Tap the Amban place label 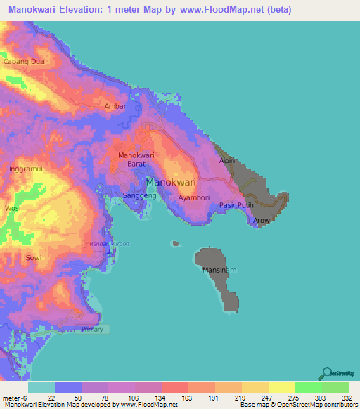[116, 107]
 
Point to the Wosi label [13, 209]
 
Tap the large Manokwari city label [170, 181]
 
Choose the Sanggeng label [139, 195]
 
